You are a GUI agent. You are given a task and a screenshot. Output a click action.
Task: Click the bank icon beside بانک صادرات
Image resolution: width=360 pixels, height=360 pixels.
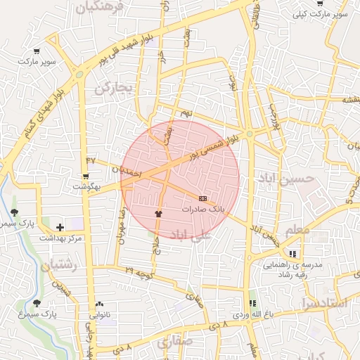coord(202,199)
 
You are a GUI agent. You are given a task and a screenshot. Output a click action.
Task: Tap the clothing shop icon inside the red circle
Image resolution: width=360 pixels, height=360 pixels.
coord(157,213)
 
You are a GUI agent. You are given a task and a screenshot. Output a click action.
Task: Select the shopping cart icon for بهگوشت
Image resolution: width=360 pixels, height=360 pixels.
coord(86,176)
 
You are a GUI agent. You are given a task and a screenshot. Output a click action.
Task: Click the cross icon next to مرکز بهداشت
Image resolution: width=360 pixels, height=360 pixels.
coord(60,227)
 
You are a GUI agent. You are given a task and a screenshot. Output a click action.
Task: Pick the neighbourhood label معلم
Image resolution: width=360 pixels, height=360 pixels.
coord(298,230)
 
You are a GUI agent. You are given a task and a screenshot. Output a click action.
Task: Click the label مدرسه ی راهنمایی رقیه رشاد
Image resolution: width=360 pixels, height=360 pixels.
coord(292,266)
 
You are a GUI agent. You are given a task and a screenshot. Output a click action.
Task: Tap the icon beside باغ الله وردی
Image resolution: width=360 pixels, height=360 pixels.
coord(252,303)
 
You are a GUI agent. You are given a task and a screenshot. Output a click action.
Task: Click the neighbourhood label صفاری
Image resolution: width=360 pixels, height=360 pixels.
coord(174,342)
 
